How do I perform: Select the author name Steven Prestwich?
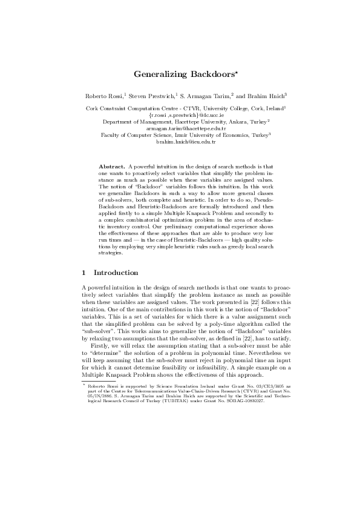[151, 96]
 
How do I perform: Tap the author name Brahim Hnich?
[267, 96]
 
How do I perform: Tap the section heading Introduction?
[116, 273]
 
